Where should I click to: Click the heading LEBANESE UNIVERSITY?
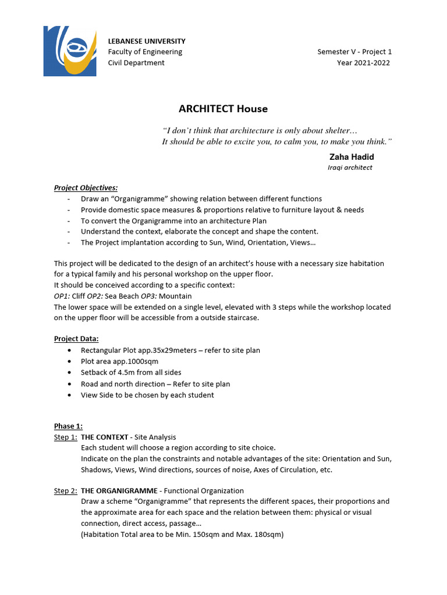coord(147,41)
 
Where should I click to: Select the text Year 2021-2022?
coord(363,63)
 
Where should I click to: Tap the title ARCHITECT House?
coord(223,109)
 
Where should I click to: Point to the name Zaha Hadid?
coord(352,157)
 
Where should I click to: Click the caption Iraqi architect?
coord(350,167)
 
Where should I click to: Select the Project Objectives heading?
coord(86,188)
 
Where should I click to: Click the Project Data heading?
coord(76,339)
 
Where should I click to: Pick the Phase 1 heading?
coord(69,426)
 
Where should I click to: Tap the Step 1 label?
coord(65,437)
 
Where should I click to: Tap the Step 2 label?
coord(65,491)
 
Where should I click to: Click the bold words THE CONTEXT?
coord(104,437)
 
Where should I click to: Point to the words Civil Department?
coord(136,63)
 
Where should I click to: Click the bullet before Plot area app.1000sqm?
coord(70,361)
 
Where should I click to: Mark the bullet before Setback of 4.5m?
coord(70,372)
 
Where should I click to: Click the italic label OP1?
coord(62,296)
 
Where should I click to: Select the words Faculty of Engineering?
coord(145,52)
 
